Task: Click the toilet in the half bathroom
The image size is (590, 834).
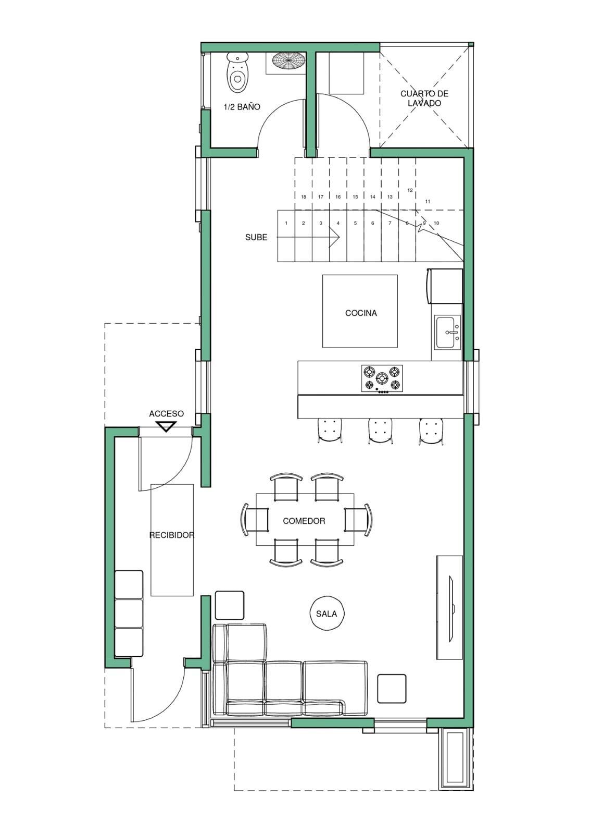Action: [237, 72]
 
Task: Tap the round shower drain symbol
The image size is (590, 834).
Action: [288, 60]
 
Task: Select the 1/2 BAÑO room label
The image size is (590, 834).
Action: [242, 107]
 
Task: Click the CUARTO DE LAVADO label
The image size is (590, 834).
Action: [424, 99]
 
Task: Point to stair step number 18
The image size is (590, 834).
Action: [304, 197]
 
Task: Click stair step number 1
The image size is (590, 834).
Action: [286, 224]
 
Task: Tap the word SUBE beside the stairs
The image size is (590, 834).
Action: [256, 237]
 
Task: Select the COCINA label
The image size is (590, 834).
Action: [361, 313]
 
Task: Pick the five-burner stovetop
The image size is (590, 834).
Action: [382, 378]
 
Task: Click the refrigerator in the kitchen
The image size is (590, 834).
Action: [445, 286]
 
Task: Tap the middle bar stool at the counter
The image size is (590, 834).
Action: [380, 431]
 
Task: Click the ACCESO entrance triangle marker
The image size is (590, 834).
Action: [166, 426]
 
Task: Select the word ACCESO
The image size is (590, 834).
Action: [166, 414]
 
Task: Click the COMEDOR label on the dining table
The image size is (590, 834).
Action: [304, 521]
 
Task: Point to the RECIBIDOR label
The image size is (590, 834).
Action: [172, 535]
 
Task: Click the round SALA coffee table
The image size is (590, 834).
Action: [327, 614]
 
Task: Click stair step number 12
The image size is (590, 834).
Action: [410, 190]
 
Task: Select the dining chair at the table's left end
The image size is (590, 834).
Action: [255, 520]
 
